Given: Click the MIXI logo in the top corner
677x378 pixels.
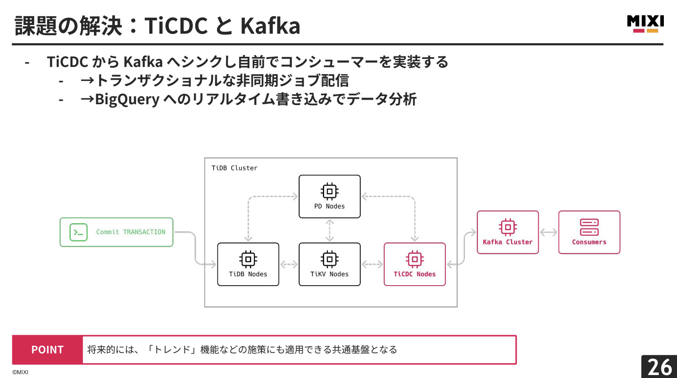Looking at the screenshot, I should [x=645, y=23].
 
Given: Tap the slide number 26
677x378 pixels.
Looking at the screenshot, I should [x=660, y=367].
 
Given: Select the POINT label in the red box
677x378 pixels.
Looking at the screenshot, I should [x=48, y=350].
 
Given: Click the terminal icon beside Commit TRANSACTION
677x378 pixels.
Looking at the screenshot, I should [x=78, y=232].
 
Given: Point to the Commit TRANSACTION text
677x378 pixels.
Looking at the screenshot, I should [x=131, y=232].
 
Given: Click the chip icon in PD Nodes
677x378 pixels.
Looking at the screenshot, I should [x=330, y=192].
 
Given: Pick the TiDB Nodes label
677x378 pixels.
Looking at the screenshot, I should [x=248, y=274].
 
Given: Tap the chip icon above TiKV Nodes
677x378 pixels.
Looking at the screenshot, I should [x=330, y=259].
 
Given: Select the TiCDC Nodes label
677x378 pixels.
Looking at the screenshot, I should [x=414, y=274].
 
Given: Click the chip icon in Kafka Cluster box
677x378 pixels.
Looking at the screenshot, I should [x=508, y=227].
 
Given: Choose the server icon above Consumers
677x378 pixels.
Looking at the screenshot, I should [x=589, y=227].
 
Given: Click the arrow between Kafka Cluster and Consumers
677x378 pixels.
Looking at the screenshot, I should [x=548, y=232].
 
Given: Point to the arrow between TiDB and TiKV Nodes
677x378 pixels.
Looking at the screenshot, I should [x=289, y=264].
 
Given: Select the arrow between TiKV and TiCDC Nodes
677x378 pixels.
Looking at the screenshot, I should [x=372, y=264].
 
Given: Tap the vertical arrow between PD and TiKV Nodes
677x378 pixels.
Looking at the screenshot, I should [x=330, y=231].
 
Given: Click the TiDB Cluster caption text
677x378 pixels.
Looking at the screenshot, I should [x=235, y=168].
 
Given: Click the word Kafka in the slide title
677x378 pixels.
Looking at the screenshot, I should [x=270, y=26].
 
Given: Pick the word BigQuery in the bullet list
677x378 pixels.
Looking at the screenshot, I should [x=127, y=99].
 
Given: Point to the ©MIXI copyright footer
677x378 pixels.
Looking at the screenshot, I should [x=20, y=372].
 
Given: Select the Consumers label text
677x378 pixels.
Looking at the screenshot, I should [x=589, y=242].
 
